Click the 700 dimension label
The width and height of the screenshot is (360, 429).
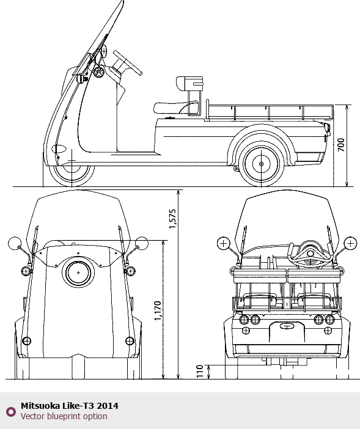[x=341, y=145]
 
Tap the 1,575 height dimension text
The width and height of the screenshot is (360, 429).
[x=172, y=219]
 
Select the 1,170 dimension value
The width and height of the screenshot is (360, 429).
[x=158, y=311]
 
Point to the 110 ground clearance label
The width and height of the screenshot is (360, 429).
[x=200, y=372]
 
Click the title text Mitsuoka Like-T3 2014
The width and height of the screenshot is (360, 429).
[x=70, y=406]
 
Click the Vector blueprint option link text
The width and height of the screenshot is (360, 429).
[x=64, y=416]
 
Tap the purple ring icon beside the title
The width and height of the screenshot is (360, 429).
[x=11, y=411]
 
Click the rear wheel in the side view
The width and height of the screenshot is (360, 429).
[x=261, y=164]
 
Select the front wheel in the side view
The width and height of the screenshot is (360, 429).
[x=72, y=172]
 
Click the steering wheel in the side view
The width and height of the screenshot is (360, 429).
[x=128, y=63]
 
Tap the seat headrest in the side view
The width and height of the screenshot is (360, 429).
[x=189, y=83]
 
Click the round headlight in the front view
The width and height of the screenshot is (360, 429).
[x=78, y=273]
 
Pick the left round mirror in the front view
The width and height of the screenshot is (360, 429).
[x=15, y=243]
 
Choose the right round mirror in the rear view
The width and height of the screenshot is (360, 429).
[x=350, y=243]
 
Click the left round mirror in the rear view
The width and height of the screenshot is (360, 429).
[x=224, y=243]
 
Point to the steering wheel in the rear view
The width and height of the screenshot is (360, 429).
[x=310, y=254]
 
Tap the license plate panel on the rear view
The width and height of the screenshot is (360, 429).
[x=287, y=332]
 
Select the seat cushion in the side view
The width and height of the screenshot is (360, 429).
[x=175, y=108]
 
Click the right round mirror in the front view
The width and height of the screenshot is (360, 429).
[x=142, y=243]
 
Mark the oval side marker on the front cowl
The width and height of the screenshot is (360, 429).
[x=59, y=149]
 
